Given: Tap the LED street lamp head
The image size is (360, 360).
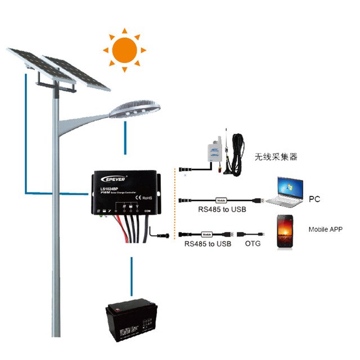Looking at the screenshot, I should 135,106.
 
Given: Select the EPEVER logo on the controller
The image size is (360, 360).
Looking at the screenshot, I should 113,179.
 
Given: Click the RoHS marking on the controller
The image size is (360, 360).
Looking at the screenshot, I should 146,198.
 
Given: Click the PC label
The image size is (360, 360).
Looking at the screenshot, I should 314,200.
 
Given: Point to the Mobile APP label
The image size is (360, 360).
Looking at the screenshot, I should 325,229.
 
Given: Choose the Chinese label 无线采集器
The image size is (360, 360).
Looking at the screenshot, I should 276,157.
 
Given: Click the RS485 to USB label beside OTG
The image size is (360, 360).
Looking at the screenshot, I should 208,244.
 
